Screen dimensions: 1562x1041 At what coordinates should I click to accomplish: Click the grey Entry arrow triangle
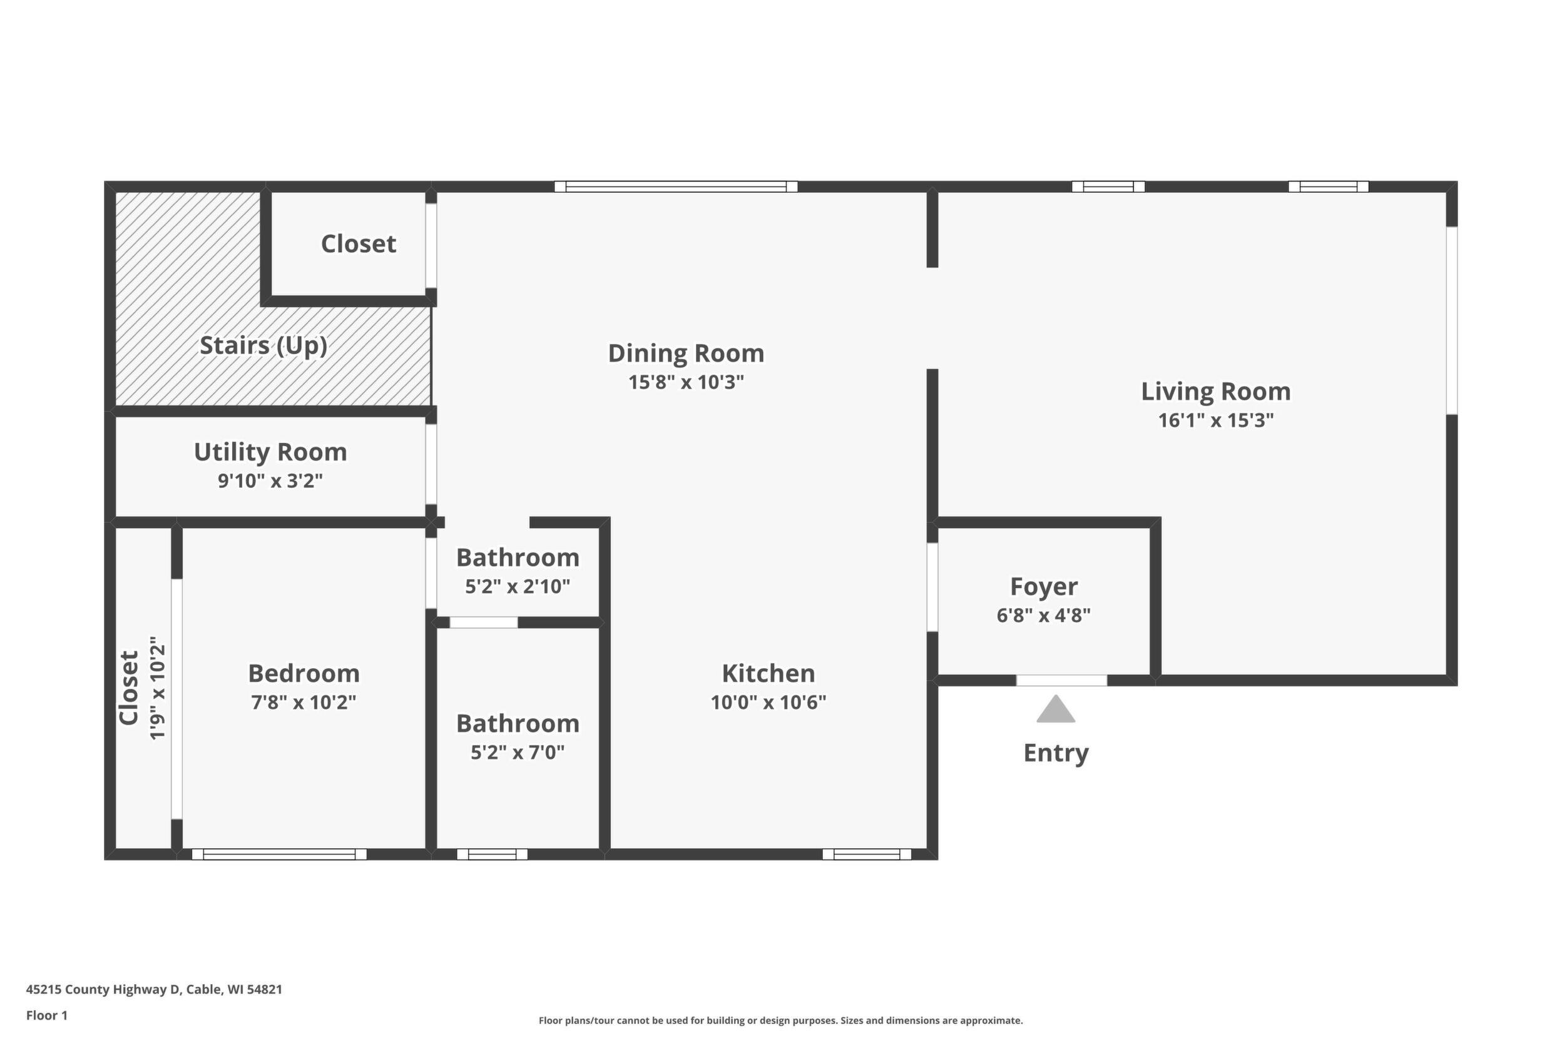(1056, 709)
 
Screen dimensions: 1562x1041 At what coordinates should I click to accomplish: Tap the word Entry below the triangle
(1056, 753)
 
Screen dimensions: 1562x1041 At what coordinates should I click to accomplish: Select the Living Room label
(1216, 391)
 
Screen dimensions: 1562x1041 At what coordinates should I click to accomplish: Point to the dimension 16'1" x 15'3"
(1216, 420)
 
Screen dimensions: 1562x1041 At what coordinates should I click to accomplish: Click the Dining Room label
(686, 353)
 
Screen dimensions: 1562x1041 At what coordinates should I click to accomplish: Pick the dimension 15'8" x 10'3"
(686, 382)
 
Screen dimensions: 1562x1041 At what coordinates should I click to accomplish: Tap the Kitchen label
(768, 673)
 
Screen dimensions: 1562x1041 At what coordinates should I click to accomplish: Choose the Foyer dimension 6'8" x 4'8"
(1043, 616)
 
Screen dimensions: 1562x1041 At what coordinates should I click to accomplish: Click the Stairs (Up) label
(263, 345)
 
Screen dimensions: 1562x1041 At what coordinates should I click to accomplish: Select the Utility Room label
(270, 452)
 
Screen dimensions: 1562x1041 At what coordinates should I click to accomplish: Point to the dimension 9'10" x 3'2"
(270, 480)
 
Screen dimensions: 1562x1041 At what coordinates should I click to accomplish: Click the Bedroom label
(304, 673)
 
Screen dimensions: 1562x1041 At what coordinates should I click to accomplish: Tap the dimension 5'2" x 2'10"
(518, 587)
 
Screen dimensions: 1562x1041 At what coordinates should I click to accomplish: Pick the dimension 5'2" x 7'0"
(518, 752)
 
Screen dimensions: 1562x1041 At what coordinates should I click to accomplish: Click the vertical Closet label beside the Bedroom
(128, 688)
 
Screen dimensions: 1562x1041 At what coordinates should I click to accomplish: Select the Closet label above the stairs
(359, 243)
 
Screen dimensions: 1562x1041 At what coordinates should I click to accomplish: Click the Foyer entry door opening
(1061, 680)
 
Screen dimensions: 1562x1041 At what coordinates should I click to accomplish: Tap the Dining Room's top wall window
(676, 186)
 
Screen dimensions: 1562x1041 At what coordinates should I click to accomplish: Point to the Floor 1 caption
(46, 1015)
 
